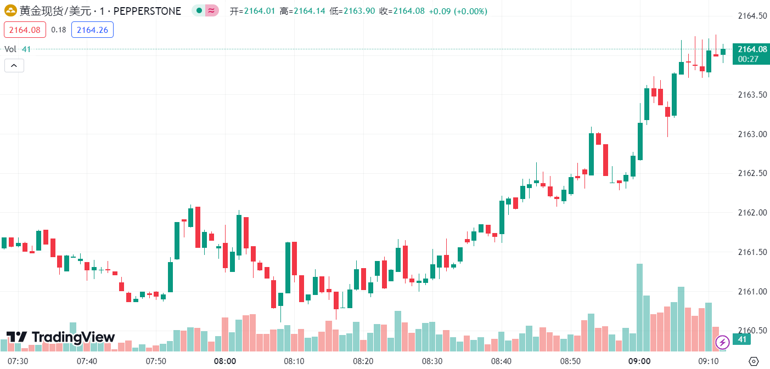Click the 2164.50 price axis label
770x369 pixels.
(751, 15)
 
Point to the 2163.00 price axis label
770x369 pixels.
(751, 134)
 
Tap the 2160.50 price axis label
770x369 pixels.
(751, 330)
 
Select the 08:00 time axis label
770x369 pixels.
(225, 361)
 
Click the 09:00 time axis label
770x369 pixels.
(639, 361)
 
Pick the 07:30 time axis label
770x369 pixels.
(18, 361)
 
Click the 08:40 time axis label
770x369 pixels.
(501, 361)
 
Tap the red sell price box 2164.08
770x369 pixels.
(25, 30)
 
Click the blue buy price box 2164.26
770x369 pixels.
(92, 30)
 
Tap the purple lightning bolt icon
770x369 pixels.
(722, 343)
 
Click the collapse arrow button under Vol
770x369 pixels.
(14, 66)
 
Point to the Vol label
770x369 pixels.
(10, 49)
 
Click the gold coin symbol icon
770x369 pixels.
(10, 11)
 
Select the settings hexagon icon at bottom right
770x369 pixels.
(754, 361)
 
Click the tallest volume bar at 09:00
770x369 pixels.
(639, 307)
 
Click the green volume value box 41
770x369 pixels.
(742, 340)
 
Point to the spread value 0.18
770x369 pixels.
(59, 30)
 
